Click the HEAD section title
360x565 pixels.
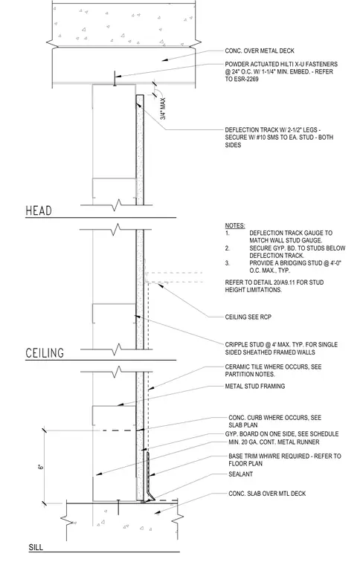coord(39,211)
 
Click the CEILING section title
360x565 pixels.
coord(45,353)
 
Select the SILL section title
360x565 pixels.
coord(36,547)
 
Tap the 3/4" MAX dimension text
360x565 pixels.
coord(163,109)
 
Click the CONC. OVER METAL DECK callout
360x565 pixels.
coord(260,51)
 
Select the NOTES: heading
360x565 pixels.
coord(235,225)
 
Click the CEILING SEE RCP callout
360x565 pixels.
coord(248,317)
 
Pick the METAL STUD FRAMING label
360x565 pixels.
coord(255,387)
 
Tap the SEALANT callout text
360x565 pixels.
coord(241,474)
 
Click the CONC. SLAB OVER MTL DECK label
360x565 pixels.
coord(267,494)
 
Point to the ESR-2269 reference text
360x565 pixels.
coord(246,79)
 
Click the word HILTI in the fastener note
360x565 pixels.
coord(285,64)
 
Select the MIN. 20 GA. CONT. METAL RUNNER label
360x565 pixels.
coord(274,442)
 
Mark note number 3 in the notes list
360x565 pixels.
coord(228,263)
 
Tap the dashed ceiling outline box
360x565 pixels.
coord(174,277)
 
